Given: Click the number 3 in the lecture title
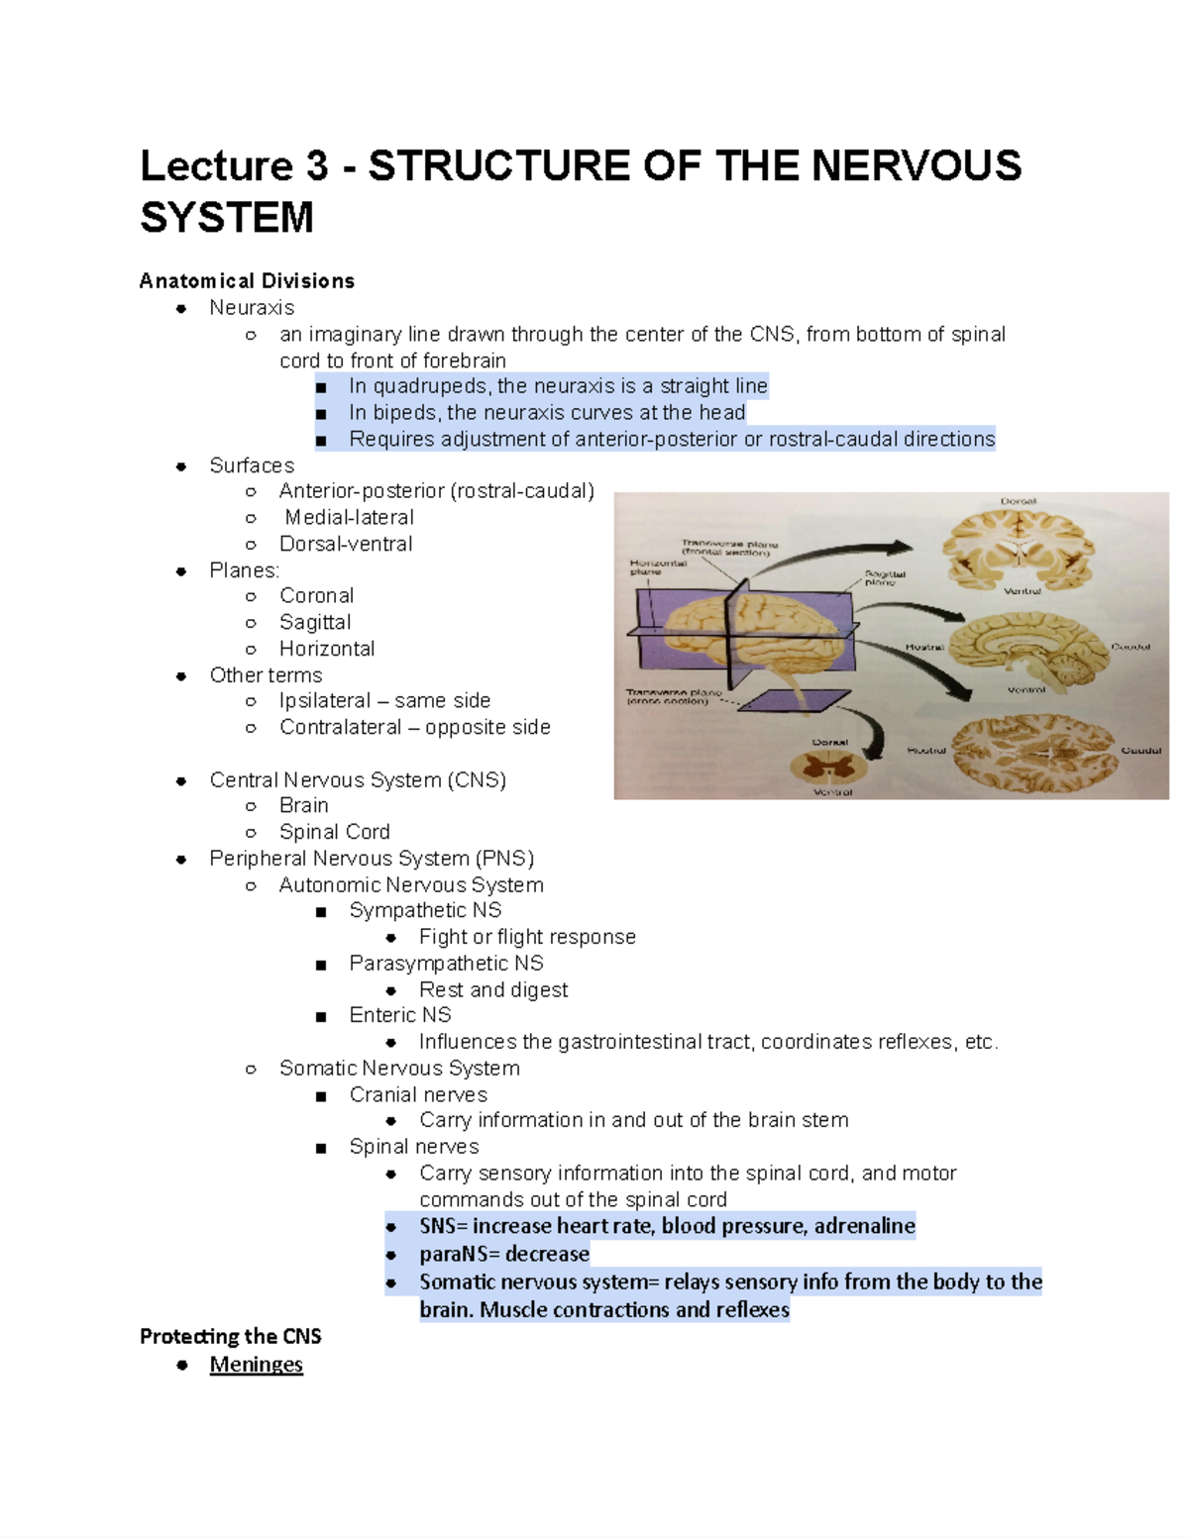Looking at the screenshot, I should click(x=316, y=166).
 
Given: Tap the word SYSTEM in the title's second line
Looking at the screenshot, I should click(x=227, y=218).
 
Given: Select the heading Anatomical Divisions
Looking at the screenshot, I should click(x=247, y=281).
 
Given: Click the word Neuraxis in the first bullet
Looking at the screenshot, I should click(x=252, y=308).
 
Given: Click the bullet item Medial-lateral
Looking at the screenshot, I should click(x=349, y=517).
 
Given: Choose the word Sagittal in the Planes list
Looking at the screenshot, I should click(x=315, y=622).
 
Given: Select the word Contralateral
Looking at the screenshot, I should click(x=340, y=727).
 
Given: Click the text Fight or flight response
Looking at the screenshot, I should click(x=527, y=937).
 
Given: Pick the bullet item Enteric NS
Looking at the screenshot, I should click(x=399, y=1015).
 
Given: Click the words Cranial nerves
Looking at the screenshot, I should click(x=418, y=1094).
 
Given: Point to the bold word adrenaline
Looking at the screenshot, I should click(x=864, y=1226).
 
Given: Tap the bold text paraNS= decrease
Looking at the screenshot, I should click(x=503, y=1254).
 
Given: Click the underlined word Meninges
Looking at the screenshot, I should click(x=256, y=1365).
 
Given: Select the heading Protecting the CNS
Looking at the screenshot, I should click(x=230, y=1337).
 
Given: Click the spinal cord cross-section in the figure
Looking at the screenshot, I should click(x=831, y=767).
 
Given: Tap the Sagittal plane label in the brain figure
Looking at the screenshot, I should click(x=884, y=577).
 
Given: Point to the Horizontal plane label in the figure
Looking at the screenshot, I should click(x=658, y=566).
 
